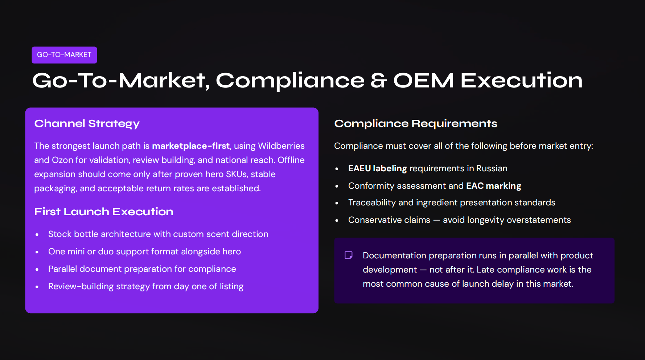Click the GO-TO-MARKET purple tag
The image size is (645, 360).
tap(64, 55)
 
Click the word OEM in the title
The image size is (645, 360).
tap(423, 80)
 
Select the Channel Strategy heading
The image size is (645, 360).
tap(87, 124)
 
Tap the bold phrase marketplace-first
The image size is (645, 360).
tap(190, 146)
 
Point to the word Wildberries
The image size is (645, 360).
tap(281, 146)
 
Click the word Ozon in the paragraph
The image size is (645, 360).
tap(62, 160)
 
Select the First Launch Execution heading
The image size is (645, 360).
tap(104, 212)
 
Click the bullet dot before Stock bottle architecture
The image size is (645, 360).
tap(37, 235)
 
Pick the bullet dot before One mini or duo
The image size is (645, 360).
tap(37, 252)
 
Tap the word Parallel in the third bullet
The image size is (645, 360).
tap(63, 269)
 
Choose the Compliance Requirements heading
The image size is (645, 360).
tap(415, 124)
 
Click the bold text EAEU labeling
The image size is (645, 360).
tap(377, 168)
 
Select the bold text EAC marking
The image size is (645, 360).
tap(493, 186)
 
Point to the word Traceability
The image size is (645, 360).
tap(372, 202)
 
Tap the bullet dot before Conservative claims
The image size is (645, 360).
tap(337, 221)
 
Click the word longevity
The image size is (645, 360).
tap(486, 220)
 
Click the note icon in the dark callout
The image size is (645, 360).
tap(349, 255)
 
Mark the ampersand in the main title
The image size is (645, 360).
tap(379, 80)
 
